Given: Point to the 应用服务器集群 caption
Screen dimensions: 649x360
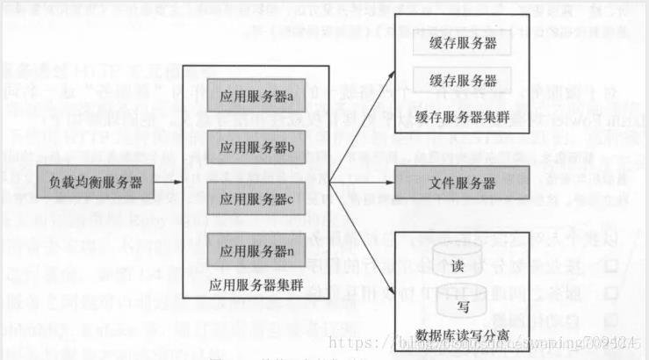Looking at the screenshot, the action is [x=255, y=284].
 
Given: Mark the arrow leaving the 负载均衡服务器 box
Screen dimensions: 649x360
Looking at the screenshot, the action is [x=168, y=182].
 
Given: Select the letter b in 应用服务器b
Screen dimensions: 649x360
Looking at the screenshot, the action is [x=291, y=148].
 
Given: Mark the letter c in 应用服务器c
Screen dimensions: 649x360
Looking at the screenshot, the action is [x=291, y=198].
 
